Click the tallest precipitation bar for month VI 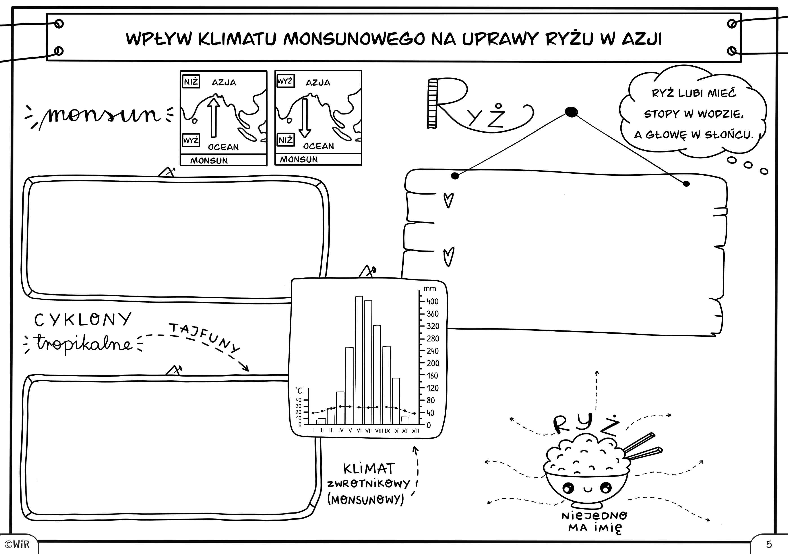359,360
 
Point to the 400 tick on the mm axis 421,301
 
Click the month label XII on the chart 415,431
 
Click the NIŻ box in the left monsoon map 191,82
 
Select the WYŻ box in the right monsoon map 285,81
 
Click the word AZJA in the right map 318,83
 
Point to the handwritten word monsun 103,115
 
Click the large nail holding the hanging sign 571,112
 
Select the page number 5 769,544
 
